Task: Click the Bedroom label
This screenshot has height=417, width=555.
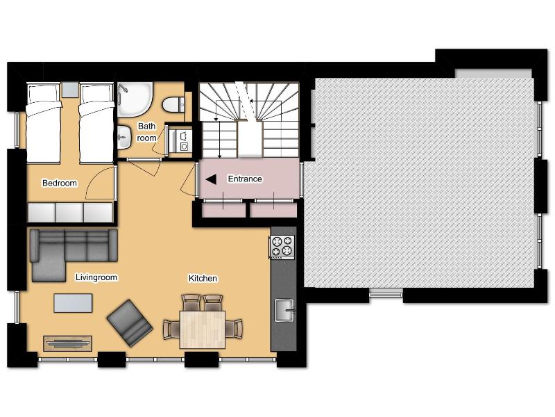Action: coord(59,183)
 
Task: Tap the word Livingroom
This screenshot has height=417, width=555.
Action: coord(96,278)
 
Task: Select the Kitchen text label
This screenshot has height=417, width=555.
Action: coord(203,279)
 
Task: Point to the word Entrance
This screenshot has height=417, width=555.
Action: coord(245,179)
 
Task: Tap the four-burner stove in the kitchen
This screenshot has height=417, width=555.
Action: coord(282,246)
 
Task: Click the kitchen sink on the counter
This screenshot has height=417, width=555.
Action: coord(284,310)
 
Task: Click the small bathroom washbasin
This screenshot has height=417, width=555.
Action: coord(124,136)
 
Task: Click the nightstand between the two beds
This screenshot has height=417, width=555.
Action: coord(70,90)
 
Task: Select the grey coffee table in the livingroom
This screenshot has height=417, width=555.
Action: coord(73,303)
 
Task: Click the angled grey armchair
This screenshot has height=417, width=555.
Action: coord(130,322)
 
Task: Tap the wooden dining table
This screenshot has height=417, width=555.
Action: coord(203,329)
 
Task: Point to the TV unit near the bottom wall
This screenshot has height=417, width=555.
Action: coord(67,343)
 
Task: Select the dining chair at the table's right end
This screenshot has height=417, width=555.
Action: coord(237,328)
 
